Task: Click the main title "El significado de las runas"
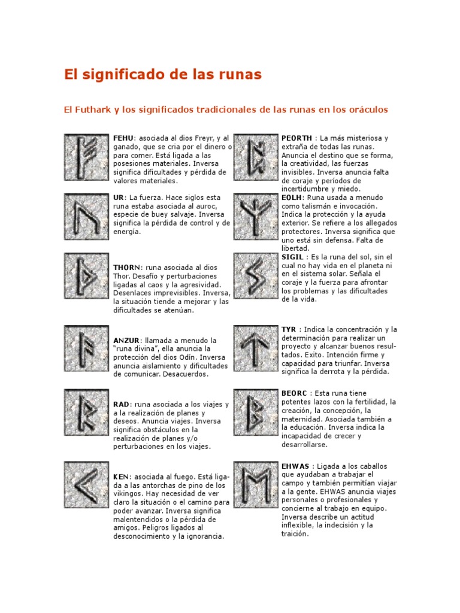point(163,75)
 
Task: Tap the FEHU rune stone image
point(87,156)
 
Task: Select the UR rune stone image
point(87,216)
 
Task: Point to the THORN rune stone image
point(87,275)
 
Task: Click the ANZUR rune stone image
point(87,348)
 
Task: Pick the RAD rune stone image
point(87,411)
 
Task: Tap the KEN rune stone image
point(87,483)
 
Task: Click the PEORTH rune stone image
point(256,156)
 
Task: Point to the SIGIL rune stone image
point(256,275)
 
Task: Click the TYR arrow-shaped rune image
point(256,348)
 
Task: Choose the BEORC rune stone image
point(256,411)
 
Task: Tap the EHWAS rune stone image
point(256,483)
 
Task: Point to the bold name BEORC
point(295,393)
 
